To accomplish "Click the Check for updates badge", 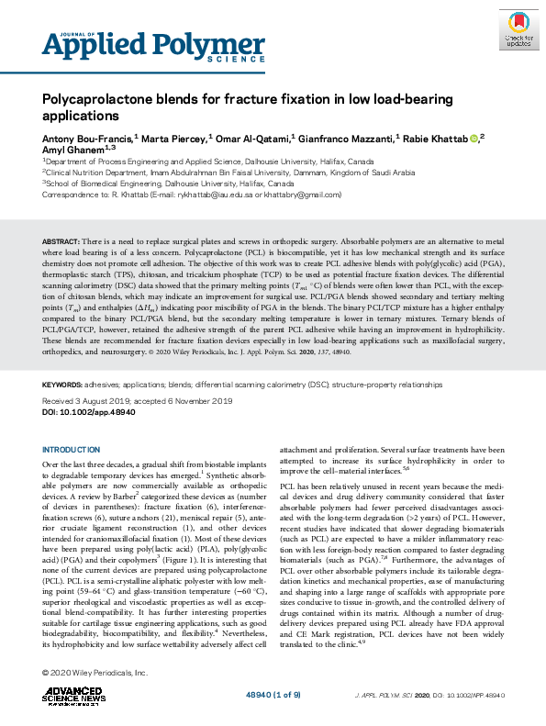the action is pos(517,28).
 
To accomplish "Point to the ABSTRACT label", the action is pos(61,240).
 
